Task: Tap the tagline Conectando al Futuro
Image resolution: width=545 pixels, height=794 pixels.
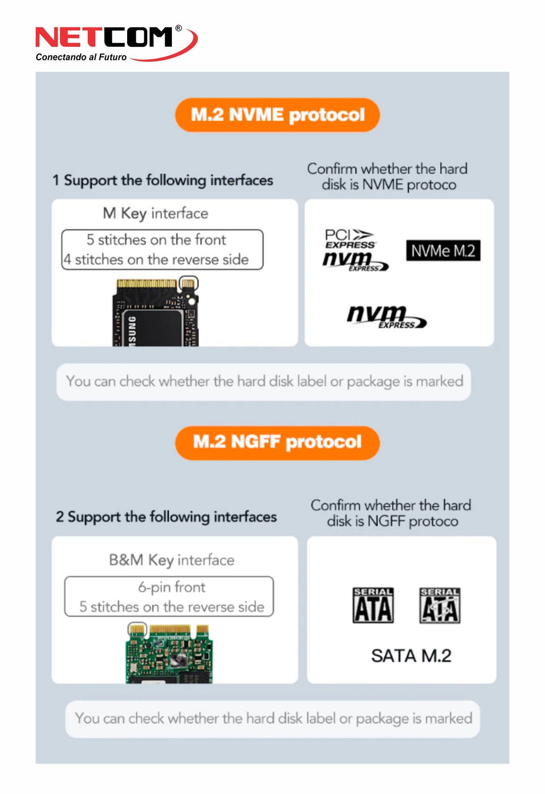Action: click(x=81, y=57)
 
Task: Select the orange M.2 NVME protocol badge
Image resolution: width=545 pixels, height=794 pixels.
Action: click(x=277, y=115)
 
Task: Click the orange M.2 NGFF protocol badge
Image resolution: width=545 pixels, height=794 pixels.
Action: click(x=277, y=442)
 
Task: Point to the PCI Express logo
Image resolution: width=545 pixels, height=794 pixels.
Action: click(x=350, y=239)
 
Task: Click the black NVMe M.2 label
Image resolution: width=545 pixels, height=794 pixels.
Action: click(x=443, y=250)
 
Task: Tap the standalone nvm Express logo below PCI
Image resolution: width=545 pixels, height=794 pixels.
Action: click(x=387, y=316)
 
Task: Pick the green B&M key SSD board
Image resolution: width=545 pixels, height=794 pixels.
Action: click(x=169, y=654)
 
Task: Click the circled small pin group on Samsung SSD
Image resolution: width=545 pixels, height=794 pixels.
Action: click(x=188, y=283)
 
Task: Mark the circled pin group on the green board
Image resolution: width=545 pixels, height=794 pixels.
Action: click(x=137, y=629)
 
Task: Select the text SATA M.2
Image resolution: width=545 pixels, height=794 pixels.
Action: click(x=411, y=656)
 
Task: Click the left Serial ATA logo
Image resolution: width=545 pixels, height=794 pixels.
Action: click(x=373, y=605)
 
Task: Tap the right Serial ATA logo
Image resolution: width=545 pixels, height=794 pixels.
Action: click(x=440, y=605)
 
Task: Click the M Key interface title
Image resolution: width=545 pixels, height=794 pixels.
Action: click(x=155, y=213)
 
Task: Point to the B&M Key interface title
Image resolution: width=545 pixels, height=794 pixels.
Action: click(x=172, y=560)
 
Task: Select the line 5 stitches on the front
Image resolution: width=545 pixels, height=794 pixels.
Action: click(x=156, y=240)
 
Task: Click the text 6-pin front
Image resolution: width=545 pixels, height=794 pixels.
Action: click(x=172, y=587)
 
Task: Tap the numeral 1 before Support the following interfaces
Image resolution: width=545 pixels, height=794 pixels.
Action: click(x=56, y=180)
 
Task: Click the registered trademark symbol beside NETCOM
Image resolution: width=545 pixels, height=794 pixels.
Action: click(x=178, y=28)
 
